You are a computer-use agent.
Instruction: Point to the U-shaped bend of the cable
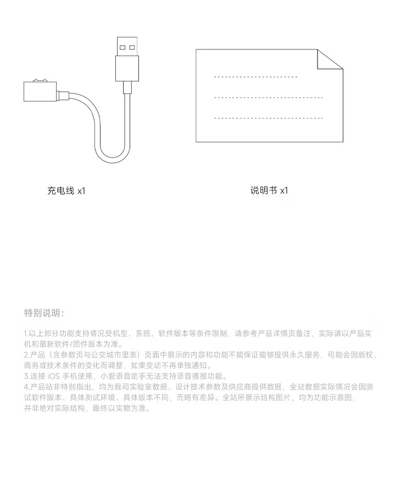pos(113,157)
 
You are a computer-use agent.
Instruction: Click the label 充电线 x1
pos(66,191)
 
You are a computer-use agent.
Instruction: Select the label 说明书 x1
pos(269,191)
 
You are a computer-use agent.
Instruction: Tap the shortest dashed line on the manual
pos(255,77)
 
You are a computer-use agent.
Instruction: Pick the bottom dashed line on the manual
pos(268,118)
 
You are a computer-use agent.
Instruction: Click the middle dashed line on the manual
pos(268,98)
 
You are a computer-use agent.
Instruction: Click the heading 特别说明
pos(44,313)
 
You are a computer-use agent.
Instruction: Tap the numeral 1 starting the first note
pos(26,333)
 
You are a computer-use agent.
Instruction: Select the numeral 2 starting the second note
pos(26,355)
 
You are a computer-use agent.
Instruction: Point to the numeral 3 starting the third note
pos(26,376)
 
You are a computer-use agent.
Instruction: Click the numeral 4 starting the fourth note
pos(26,387)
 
